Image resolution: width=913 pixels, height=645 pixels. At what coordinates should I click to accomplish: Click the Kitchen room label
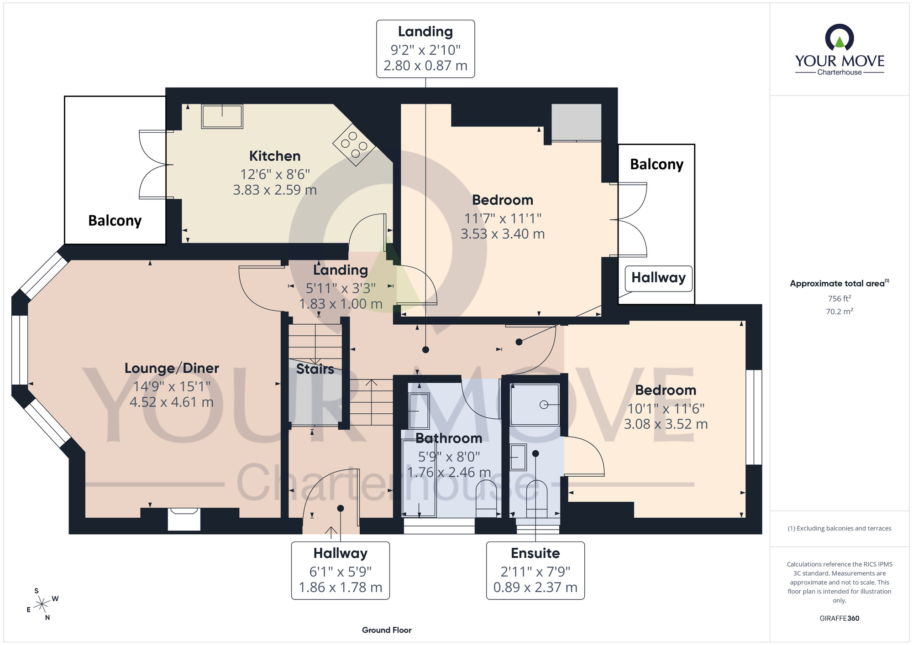tap(274, 156)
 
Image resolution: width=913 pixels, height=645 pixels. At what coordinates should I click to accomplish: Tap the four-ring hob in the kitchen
tap(354, 145)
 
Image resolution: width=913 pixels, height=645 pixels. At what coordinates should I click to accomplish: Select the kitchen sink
tap(222, 116)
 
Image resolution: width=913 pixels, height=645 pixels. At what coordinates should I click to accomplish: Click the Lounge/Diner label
tap(172, 368)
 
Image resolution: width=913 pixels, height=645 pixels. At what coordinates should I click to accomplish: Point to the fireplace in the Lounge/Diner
tap(184, 519)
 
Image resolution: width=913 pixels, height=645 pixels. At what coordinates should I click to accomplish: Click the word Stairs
tap(315, 369)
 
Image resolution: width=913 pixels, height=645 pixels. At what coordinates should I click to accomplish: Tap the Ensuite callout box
tap(535, 570)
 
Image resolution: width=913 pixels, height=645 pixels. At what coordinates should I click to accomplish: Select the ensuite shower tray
tap(535, 405)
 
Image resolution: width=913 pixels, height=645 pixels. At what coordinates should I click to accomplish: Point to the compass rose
tap(42, 604)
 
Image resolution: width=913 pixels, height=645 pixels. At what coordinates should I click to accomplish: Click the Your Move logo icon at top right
tap(839, 38)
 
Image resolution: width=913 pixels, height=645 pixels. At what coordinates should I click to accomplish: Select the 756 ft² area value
tap(839, 298)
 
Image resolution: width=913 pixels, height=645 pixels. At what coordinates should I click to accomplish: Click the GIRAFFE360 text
tap(839, 619)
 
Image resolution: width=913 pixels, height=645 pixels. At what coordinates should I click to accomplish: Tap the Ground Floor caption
tap(387, 630)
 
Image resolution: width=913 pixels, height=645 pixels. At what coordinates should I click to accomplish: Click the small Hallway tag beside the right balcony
tap(658, 278)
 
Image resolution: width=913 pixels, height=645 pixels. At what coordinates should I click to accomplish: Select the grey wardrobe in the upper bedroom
tap(576, 122)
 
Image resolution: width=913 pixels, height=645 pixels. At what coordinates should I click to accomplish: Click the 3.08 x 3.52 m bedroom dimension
tap(666, 424)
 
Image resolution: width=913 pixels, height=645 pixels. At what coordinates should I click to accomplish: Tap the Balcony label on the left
tap(115, 221)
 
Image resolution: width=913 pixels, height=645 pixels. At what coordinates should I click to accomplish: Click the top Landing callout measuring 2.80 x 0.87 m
tap(425, 49)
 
